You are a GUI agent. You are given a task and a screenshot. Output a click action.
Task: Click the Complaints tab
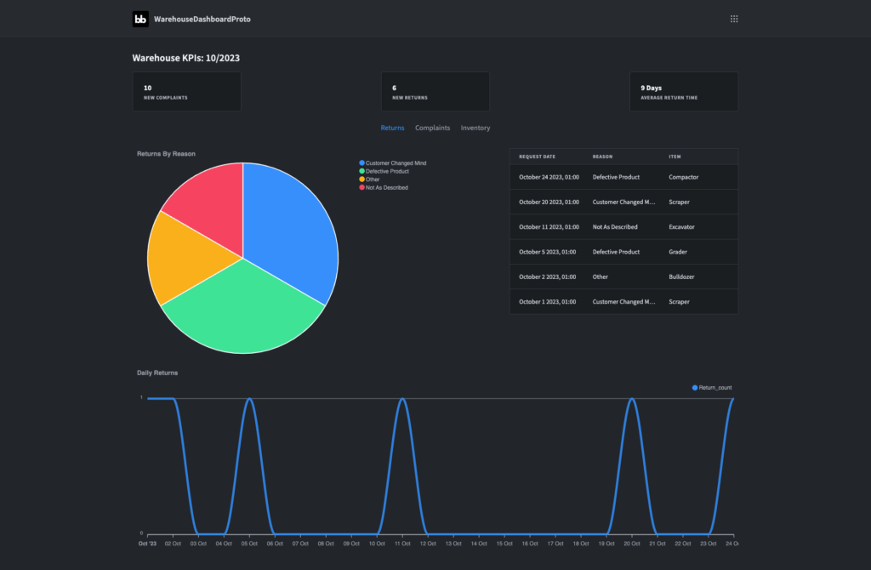coord(432,128)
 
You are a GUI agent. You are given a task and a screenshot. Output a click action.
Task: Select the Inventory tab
coord(475,128)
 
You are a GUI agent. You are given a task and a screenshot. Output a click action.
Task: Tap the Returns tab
coord(392,128)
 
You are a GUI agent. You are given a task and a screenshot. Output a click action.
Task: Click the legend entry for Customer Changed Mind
coord(393,162)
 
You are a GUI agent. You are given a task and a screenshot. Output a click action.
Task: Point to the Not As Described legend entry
coord(384,187)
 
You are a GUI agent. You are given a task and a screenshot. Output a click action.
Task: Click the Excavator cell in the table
coord(681,226)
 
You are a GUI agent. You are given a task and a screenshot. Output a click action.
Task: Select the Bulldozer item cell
coord(681,276)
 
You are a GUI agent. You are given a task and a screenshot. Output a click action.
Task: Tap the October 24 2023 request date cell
coord(549,177)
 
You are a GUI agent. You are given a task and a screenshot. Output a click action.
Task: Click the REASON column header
coord(602,157)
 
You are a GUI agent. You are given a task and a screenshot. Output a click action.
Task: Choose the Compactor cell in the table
coord(683,177)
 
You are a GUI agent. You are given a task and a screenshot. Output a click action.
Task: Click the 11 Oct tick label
coord(402,544)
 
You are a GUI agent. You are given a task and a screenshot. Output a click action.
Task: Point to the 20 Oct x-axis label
coord(632,544)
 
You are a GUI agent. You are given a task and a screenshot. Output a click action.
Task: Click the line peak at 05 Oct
coord(249,399)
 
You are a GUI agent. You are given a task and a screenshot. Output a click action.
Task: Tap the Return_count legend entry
coord(712,388)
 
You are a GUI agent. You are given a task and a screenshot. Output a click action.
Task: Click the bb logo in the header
coord(140,19)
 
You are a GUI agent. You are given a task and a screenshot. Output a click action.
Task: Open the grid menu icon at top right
coord(734,19)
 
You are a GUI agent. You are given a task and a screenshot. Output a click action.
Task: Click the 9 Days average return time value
coord(651,88)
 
